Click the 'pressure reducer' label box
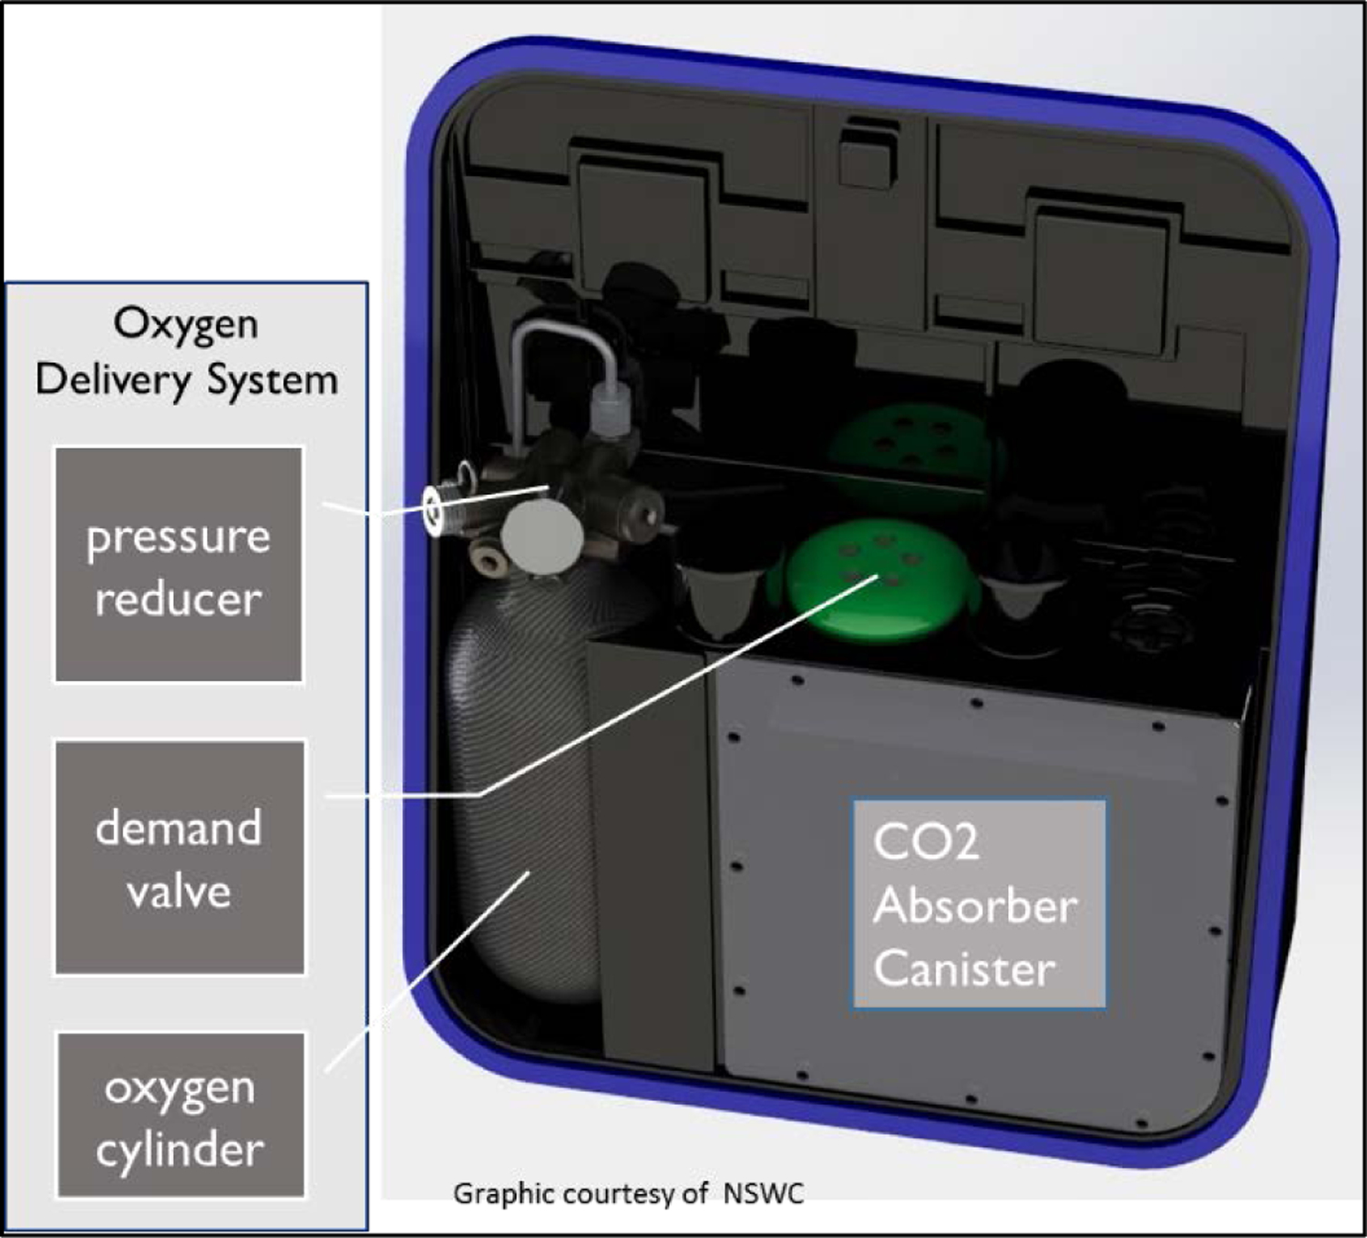click(x=179, y=564)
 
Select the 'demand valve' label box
click(x=180, y=857)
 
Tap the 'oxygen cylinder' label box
click(x=180, y=1114)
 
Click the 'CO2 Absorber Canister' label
click(x=979, y=904)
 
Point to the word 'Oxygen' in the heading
click(x=186, y=325)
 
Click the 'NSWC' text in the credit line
click(x=764, y=1193)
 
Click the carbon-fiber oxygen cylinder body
click(x=519, y=802)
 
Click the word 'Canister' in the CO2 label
click(x=964, y=968)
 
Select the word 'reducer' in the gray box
click(x=179, y=599)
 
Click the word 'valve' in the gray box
click(x=179, y=891)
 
